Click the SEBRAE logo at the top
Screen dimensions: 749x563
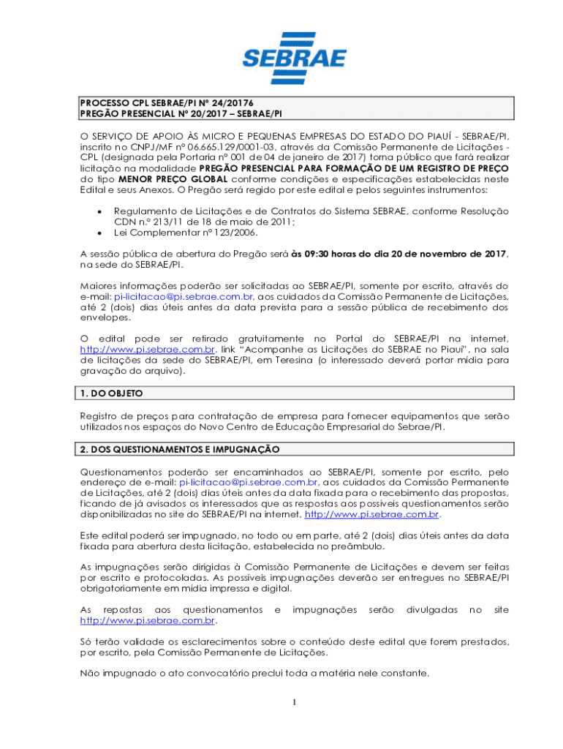pos(283,50)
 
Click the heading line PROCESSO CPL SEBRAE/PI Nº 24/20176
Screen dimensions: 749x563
pos(166,103)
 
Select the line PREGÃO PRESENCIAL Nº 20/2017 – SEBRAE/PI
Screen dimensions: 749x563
pos(181,114)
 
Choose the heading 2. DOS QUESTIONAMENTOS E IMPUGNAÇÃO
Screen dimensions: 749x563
pos(179,448)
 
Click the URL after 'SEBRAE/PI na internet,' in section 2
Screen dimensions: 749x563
pos(371,515)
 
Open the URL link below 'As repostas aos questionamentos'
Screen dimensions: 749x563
pos(147,621)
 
